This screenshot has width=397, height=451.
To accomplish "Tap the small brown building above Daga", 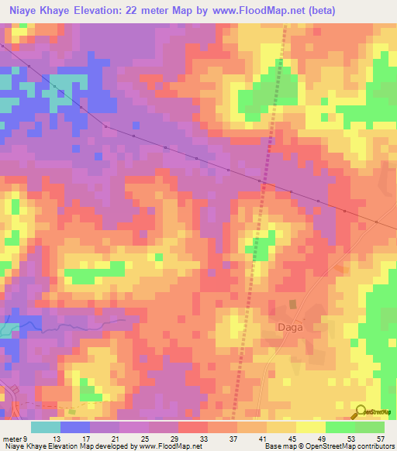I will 292,305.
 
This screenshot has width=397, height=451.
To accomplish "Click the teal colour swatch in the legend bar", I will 45,428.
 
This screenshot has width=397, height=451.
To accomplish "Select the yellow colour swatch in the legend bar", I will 310,428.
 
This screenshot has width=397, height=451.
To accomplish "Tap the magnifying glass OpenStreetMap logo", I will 361,411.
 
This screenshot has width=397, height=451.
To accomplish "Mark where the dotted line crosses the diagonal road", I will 265,184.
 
